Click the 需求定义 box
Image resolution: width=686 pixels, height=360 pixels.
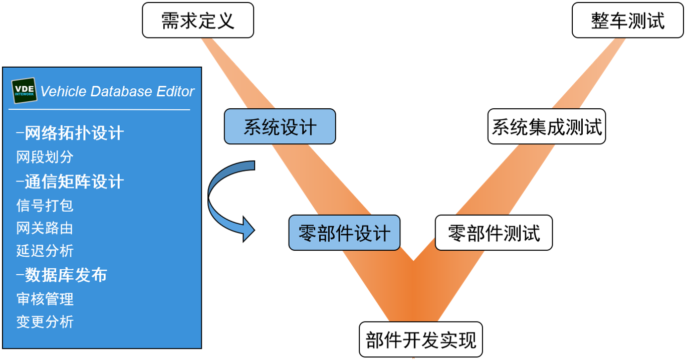tap(198, 20)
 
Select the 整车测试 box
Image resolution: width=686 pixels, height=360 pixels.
tap(627, 20)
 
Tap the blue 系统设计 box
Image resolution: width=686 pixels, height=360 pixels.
tap(280, 126)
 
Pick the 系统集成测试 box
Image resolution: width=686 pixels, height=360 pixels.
tap(547, 126)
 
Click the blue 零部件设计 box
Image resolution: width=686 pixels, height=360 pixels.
tap(344, 233)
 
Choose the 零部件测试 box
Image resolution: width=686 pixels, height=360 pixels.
tap(494, 233)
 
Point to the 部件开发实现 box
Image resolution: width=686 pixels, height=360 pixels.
tap(421, 339)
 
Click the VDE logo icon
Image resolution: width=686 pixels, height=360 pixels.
tap(24, 91)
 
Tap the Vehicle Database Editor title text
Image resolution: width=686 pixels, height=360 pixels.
tap(117, 91)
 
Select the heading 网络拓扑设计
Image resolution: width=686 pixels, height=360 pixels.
tap(70, 133)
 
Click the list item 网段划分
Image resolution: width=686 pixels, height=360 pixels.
tap(45, 157)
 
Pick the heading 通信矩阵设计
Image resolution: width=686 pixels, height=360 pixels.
tap(70, 182)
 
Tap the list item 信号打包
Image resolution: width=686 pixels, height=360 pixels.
tap(45, 205)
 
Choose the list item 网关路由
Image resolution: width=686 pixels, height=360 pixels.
tap(45, 228)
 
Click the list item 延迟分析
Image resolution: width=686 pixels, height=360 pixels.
tap(45, 251)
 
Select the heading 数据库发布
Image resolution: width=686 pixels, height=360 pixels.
tap(62, 275)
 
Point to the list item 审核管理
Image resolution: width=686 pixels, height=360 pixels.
tap(45, 299)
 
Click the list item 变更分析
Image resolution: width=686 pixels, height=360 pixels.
tap(45, 322)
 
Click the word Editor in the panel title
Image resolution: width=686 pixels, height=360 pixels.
tap(175, 91)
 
